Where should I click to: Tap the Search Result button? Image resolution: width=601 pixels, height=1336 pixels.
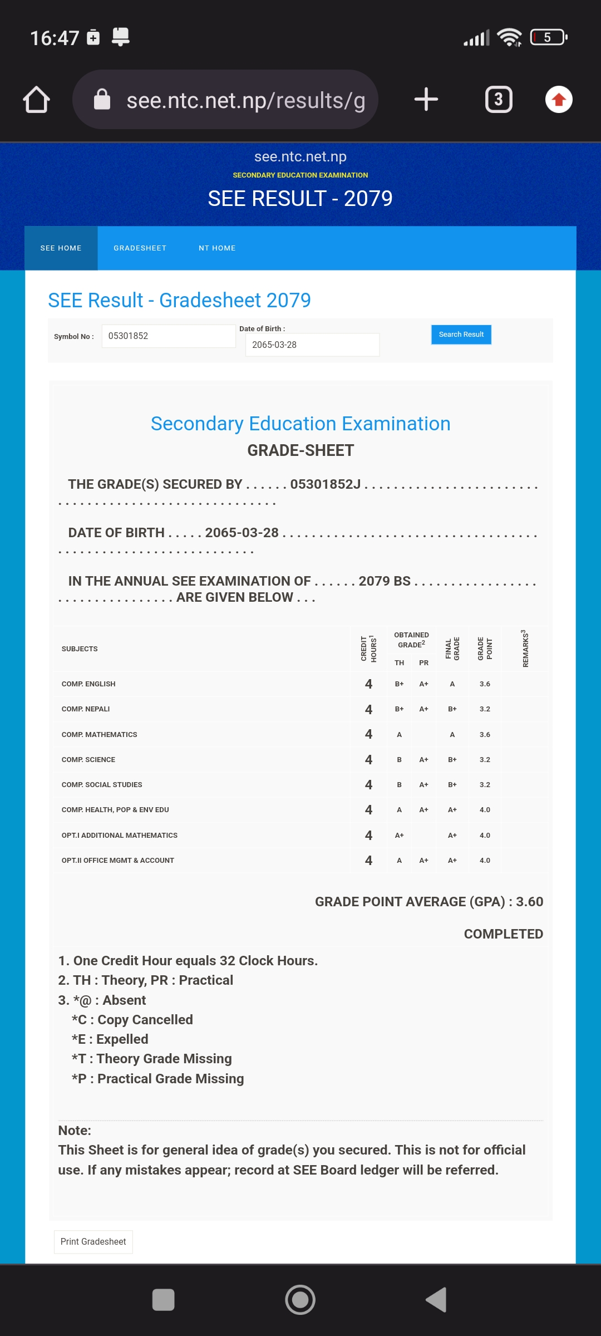[x=461, y=335]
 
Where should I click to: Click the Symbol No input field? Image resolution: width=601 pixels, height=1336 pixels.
[x=168, y=336]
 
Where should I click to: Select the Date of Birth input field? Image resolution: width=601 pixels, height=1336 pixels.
[x=312, y=345]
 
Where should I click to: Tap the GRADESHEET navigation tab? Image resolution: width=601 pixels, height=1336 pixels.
[x=140, y=248]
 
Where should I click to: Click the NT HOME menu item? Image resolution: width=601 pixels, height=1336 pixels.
[x=217, y=248]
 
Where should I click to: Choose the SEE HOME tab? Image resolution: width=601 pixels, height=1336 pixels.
[x=61, y=248]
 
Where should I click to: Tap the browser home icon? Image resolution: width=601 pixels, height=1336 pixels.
[x=37, y=100]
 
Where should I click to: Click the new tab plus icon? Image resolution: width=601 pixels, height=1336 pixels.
[x=426, y=100]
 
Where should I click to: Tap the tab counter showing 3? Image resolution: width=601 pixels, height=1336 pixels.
[x=499, y=100]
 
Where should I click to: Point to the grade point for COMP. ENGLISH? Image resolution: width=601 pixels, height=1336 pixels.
[x=485, y=684]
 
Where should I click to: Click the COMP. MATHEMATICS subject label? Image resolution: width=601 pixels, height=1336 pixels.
[x=99, y=735]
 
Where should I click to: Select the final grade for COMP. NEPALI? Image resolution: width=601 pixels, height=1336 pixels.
[x=452, y=709]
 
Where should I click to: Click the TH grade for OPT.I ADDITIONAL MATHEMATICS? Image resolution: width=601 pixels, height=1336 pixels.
[x=399, y=836]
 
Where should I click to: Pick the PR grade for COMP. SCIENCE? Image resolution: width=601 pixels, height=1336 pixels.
[x=423, y=760]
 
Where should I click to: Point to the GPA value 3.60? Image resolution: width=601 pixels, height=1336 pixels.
[x=529, y=902]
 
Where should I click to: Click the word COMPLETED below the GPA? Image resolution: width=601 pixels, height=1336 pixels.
[x=503, y=934]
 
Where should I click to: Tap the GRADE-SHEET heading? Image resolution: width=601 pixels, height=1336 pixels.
[x=300, y=450]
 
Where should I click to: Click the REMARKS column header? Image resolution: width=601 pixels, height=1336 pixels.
[x=525, y=649]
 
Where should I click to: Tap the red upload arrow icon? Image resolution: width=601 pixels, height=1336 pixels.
[x=559, y=100]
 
